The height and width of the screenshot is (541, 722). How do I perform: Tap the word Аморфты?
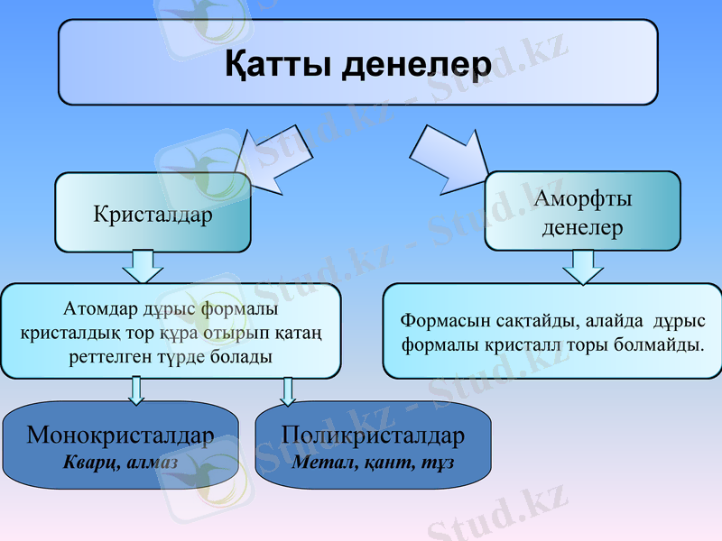pos(582,198)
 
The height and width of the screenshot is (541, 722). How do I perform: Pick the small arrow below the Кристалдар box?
pos(143,266)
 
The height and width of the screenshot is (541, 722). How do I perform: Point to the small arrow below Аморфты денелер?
pos(583,266)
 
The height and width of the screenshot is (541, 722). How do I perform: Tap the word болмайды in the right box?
pos(664,344)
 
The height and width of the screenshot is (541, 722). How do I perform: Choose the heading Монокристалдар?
pos(120,436)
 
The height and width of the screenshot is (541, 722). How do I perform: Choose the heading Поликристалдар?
pos(373,436)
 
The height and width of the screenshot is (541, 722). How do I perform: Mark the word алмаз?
pos(152,462)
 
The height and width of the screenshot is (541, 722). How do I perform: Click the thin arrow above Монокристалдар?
pos(136,390)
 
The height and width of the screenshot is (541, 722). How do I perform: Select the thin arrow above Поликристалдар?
pos(288,390)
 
